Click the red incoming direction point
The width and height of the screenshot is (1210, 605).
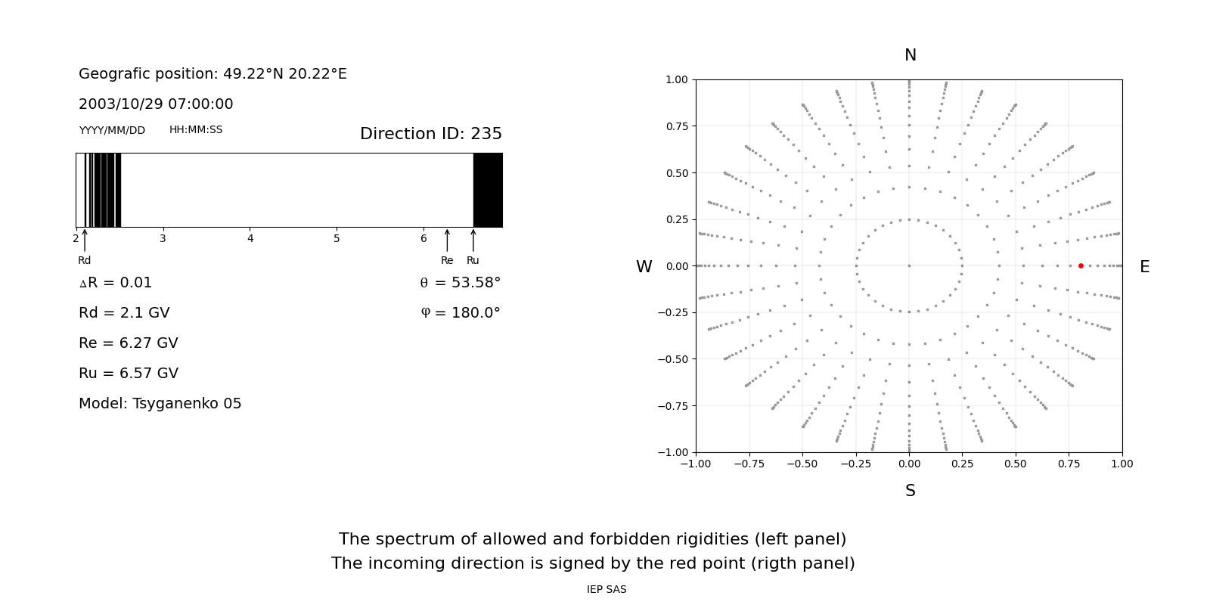click(x=1081, y=265)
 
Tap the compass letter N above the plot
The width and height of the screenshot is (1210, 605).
click(x=911, y=55)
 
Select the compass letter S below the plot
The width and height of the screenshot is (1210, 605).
click(x=911, y=491)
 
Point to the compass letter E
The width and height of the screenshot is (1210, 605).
click(x=1144, y=267)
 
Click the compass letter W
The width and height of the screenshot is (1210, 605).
click(x=644, y=267)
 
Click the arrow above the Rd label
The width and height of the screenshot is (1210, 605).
click(x=85, y=240)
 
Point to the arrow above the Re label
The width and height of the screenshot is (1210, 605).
click(x=447, y=240)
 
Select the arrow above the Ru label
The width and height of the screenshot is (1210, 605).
click(x=473, y=240)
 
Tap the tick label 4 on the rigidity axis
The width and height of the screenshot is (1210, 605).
click(x=250, y=239)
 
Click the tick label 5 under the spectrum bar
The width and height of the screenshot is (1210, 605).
click(x=337, y=239)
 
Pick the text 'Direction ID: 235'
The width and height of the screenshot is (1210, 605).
click(x=431, y=134)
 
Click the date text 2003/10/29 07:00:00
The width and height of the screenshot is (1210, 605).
click(x=156, y=104)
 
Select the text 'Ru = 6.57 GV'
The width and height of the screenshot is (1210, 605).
click(x=129, y=374)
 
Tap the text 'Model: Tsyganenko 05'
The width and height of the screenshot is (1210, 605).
click(x=160, y=404)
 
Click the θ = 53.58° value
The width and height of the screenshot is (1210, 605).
click(x=461, y=283)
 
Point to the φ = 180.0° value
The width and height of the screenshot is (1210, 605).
click(x=461, y=313)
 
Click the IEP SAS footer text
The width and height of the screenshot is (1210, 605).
click(x=607, y=590)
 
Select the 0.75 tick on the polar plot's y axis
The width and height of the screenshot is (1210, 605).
click(x=676, y=126)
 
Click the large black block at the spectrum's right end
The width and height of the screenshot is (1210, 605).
click(x=488, y=190)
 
